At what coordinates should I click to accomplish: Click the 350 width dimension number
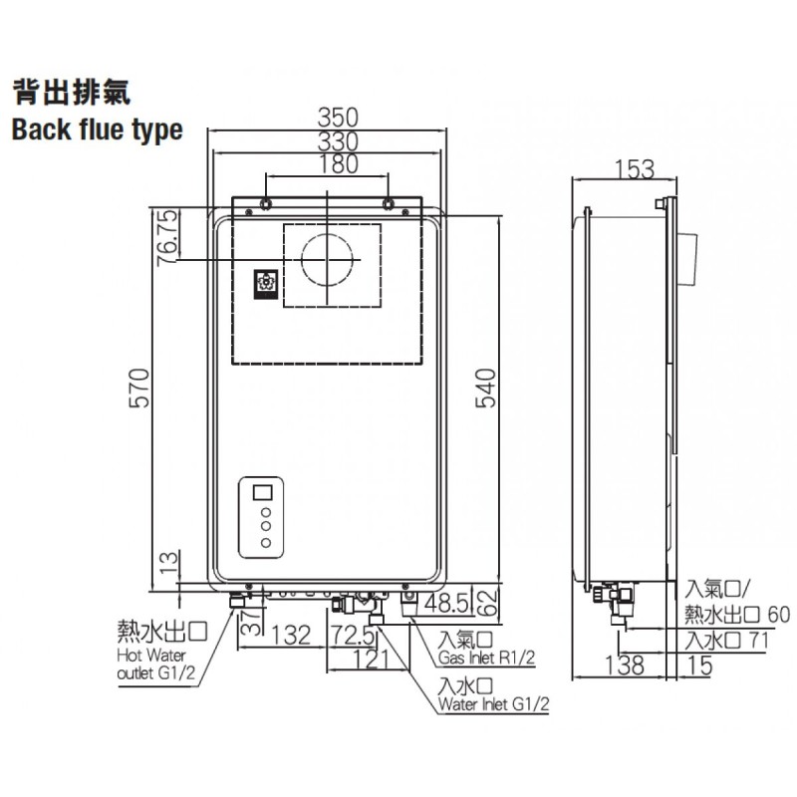(338, 118)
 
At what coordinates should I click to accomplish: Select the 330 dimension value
(338, 141)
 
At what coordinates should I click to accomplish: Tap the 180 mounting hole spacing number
(338, 163)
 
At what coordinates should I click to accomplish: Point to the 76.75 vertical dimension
(167, 237)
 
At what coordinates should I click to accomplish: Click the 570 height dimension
(139, 388)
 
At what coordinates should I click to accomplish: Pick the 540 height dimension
(485, 388)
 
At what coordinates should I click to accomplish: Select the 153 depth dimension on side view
(635, 169)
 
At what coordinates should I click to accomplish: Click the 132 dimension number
(291, 635)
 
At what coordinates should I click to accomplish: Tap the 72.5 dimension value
(353, 635)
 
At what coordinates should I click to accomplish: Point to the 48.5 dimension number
(446, 604)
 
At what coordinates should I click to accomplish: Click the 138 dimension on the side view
(625, 665)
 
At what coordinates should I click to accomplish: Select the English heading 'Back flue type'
(97, 131)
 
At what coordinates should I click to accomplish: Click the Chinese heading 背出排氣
(72, 93)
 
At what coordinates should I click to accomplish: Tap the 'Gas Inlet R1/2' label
(486, 658)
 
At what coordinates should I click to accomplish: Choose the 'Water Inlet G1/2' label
(493, 704)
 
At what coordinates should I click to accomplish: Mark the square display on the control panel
(262, 493)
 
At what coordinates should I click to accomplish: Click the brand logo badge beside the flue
(266, 284)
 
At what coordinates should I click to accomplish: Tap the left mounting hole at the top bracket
(266, 204)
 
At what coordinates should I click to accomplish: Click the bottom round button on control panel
(266, 543)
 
